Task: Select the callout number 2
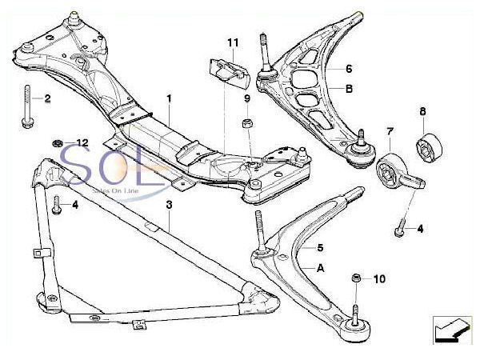point(47,99)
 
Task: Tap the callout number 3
point(170,206)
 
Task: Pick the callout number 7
point(390,130)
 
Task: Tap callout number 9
point(248,98)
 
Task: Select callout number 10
point(379,279)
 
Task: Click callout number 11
point(233,41)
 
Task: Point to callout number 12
point(82,142)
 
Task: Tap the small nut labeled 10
point(356,279)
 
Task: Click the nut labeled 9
point(247,126)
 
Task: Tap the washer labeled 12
point(58,143)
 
